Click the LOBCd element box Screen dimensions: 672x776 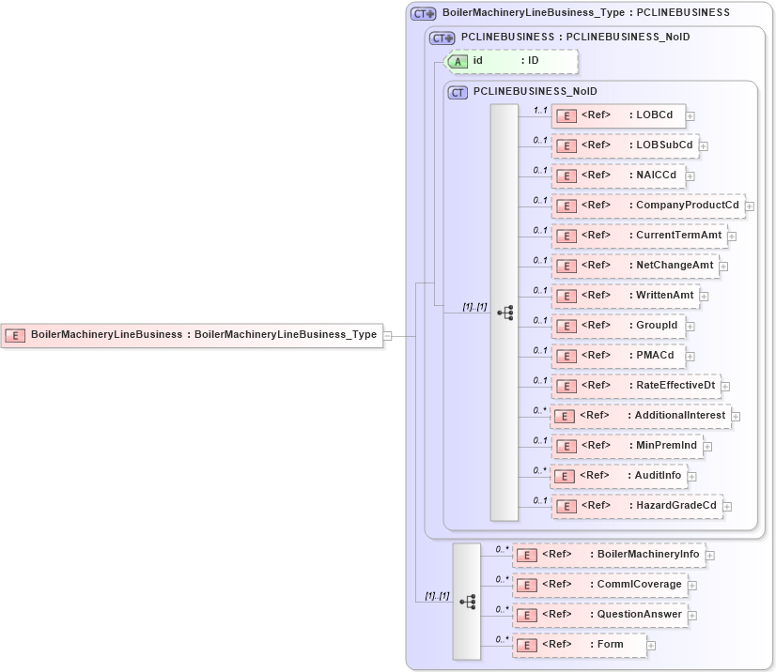tap(618, 115)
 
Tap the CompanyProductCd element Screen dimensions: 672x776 tap(647, 206)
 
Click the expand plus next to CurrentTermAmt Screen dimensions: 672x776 tap(732, 237)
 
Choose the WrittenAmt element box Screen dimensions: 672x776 tap(625, 296)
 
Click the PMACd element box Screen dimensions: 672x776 tap(618, 356)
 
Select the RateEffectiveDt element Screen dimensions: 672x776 tap(635, 386)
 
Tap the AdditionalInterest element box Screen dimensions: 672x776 tap(641, 416)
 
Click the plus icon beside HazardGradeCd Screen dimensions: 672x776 tap(727, 507)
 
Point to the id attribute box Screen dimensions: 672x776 tap(511, 61)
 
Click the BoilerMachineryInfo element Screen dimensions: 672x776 tap(609, 555)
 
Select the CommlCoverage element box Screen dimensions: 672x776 tap(599, 585)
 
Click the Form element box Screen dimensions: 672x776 tap(580, 645)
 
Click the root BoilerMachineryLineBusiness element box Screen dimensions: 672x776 tap(194, 334)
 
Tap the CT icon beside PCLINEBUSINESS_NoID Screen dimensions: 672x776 tap(458, 92)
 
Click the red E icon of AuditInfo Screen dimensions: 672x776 tap(566, 476)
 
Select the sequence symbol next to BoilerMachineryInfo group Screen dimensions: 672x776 tap(467, 601)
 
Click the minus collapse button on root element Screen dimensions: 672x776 tap(399, 335)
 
